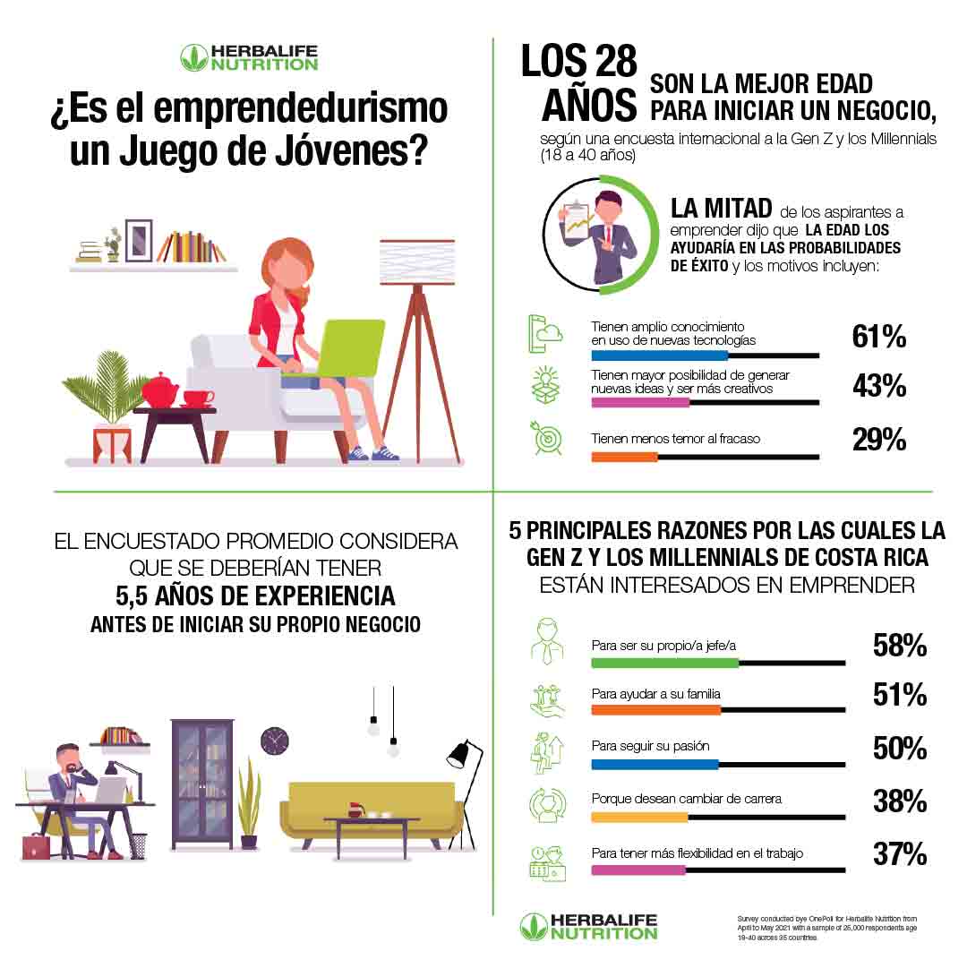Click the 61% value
[x=878, y=337]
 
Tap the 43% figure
[x=878, y=387]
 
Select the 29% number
[x=878, y=440]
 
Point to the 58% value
[x=899, y=646]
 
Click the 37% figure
[x=899, y=854]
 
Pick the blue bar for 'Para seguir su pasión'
[x=655, y=765]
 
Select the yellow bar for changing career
[x=639, y=817]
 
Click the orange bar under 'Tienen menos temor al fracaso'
[x=624, y=457]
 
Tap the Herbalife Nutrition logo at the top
[x=249, y=57]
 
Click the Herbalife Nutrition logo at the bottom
[x=589, y=926]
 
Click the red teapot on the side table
[x=160, y=390]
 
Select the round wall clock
[x=275, y=741]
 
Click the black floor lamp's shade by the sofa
[x=459, y=754]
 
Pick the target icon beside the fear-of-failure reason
[x=545, y=438]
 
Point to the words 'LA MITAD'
[x=721, y=209]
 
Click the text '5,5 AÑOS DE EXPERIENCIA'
[x=255, y=595]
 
